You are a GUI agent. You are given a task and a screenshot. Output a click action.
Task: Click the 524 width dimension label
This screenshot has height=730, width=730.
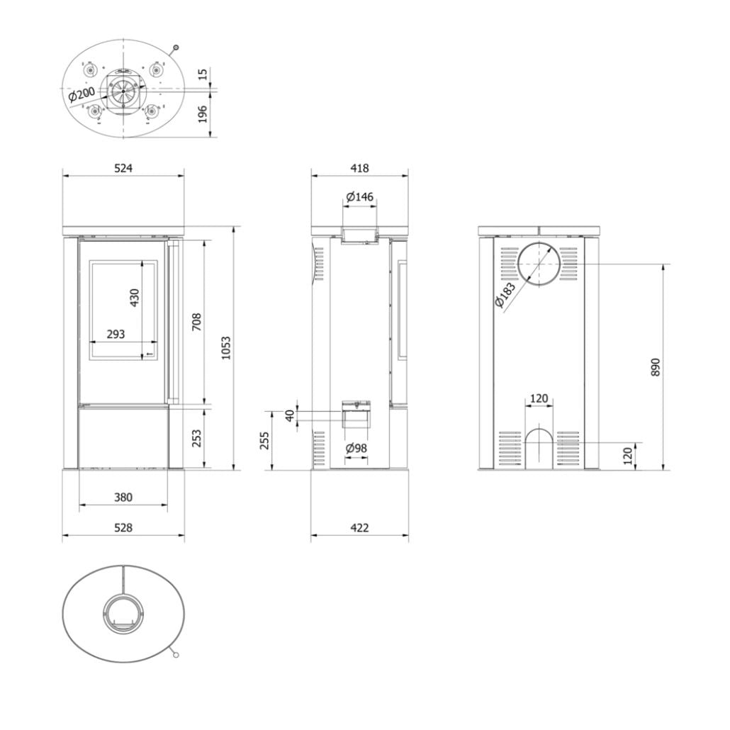(x=123, y=168)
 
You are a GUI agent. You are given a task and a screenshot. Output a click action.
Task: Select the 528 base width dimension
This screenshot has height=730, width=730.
(x=123, y=528)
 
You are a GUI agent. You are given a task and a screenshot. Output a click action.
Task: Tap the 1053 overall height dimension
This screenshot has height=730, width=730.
(x=226, y=347)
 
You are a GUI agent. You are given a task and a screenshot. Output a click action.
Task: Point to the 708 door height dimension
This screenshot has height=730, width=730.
(x=196, y=323)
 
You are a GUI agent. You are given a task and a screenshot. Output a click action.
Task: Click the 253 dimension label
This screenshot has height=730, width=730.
(x=197, y=438)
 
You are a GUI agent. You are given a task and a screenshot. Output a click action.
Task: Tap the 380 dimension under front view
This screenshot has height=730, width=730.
(x=123, y=498)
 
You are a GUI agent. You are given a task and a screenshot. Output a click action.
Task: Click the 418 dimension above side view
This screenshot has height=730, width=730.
(x=360, y=168)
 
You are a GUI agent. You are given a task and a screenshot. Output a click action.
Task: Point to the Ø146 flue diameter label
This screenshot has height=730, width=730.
(x=360, y=196)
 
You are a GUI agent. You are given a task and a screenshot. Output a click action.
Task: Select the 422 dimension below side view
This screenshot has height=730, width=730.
(x=360, y=528)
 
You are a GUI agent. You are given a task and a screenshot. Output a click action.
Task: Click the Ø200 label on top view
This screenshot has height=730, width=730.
(x=82, y=94)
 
